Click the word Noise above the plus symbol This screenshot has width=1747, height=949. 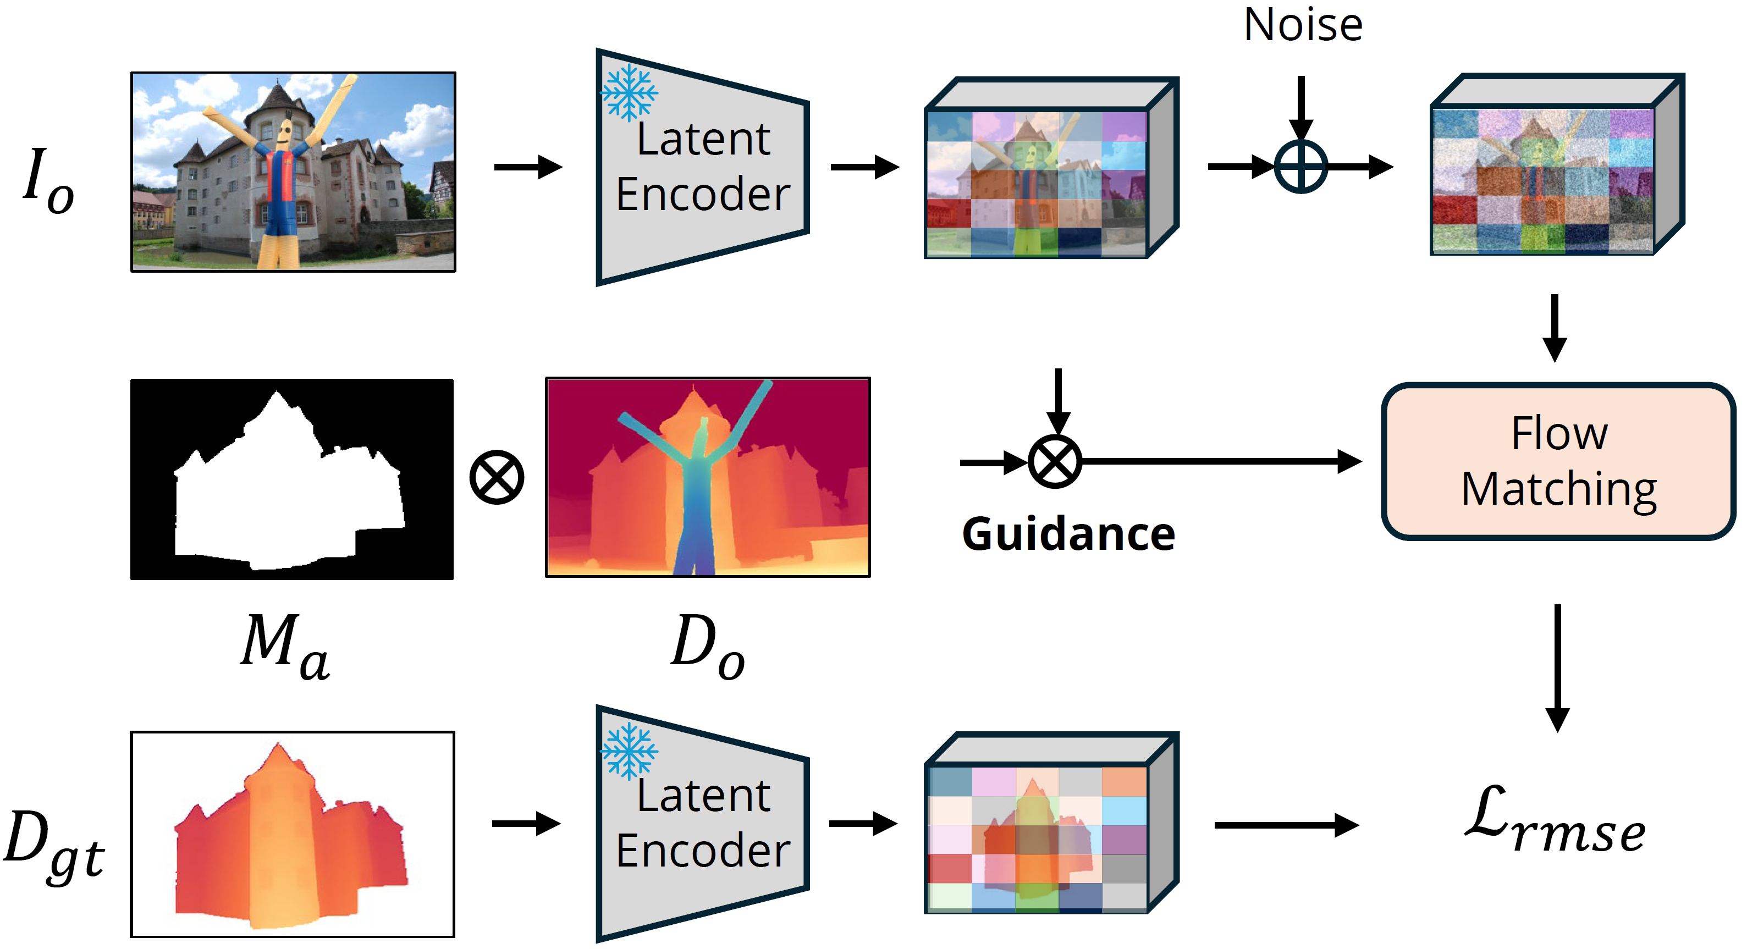pyautogui.click(x=1302, y=26)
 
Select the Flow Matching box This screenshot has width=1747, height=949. pyautogui.click(x=1558, y=461)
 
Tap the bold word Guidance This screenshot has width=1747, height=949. pyautogui.click(x=1068, y=534)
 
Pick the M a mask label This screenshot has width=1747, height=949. pyautogui.click(x=285, y=644)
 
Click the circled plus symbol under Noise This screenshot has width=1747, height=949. pyautogui.click(x=1300, y=167)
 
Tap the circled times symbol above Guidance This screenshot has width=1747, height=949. pyautogui.click(x=1055, y=462)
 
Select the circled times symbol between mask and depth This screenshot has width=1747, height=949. pyautogui.click(x=497, y=477)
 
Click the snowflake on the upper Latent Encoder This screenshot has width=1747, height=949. pyautogui.click(x=629, y=92)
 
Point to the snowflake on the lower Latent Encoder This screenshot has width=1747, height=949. pyautogui.click(x=629, y=751)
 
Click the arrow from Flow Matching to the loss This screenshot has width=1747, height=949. pyautogui.click(x=1557, y=668)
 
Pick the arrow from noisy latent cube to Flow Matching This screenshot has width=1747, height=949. pyautogui.click(x=1555, y=328)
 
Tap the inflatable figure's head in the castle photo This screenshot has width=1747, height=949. pyautogui.click(x=285, y=133)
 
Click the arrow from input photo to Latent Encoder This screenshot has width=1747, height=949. pyautogui.click(x=528, y=167)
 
